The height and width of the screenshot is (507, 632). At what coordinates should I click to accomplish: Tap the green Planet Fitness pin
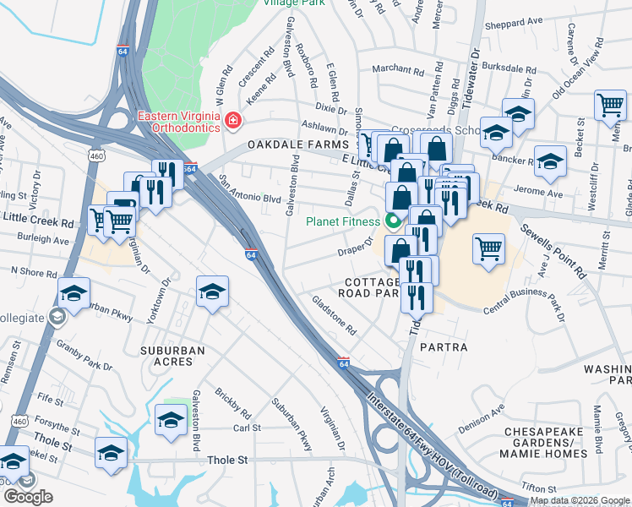coord(392,222)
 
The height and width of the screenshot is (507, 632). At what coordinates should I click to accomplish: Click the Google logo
coord(28,497)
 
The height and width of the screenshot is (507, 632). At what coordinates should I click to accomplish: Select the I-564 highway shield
coord(189,169)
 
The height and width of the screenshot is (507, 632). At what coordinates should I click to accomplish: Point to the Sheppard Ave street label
coord(519,24)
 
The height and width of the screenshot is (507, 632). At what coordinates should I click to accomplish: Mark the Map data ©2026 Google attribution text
coord(580,500)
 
